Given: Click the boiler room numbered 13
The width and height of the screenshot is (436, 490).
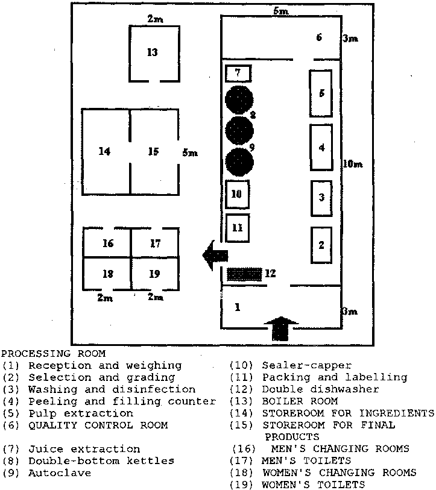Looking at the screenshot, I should click(154, 54).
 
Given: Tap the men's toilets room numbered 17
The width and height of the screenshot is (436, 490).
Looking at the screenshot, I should click(155, 243).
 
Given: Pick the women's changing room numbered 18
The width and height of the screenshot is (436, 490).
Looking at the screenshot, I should click(107, 273).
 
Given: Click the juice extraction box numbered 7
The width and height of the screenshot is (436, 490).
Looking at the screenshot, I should click(238, 74).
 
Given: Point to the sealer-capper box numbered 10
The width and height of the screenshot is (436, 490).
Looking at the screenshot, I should click(237, 194).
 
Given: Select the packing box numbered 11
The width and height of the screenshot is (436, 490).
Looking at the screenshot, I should click(238, 228).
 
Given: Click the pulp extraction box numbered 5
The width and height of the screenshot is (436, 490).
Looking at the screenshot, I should click(321, 93).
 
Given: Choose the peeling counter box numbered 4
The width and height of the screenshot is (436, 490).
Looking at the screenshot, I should click(321, 147).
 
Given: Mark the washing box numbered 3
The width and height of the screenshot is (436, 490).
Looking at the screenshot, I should click(321, 198).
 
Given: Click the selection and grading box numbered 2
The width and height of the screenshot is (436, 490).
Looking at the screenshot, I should click(321, 245).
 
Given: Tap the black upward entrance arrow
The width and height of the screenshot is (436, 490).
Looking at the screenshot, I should click(281, 329).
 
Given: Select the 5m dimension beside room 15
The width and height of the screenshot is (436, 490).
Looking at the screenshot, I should click(189, 153).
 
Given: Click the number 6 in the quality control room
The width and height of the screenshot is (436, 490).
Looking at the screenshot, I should click(319, 37).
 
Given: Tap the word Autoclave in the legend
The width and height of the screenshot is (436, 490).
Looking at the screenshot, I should click(60, 473).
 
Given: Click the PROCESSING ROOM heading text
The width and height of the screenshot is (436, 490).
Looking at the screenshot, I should click(54, 354).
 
